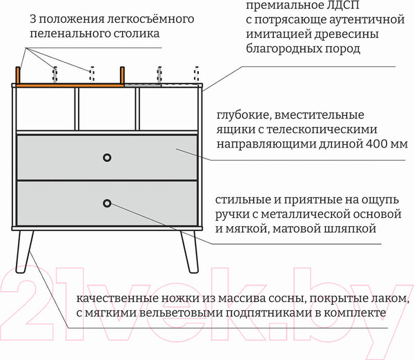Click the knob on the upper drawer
click(107, 157)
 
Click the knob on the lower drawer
click(107, 203)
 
